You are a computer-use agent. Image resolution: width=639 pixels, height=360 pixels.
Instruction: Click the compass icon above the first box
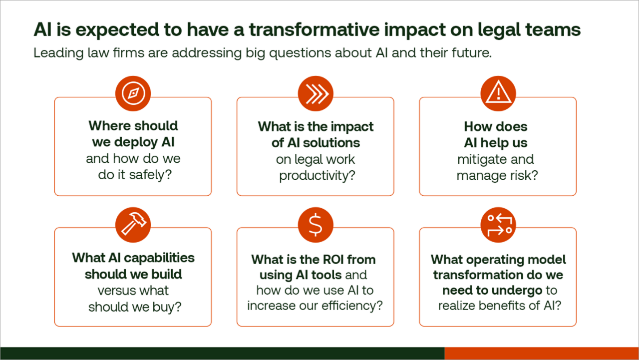tap(133, 93)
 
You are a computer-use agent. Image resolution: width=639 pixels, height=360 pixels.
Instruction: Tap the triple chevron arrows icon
tap(315, 93)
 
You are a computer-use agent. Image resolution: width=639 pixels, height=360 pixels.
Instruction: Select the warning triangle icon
tap(498, 93)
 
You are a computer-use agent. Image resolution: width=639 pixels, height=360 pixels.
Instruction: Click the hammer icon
tap(133, 224)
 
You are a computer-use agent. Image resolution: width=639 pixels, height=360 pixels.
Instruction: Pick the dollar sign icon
tap(315, 224)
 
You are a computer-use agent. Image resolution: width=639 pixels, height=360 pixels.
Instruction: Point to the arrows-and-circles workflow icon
tap(498, 224)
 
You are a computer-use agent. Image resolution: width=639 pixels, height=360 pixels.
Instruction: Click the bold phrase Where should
tap(133, 125)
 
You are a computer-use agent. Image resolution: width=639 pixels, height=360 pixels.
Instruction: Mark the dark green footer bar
tap(222, 353)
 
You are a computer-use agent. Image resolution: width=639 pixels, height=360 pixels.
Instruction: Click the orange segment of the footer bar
tap(541, 353)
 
